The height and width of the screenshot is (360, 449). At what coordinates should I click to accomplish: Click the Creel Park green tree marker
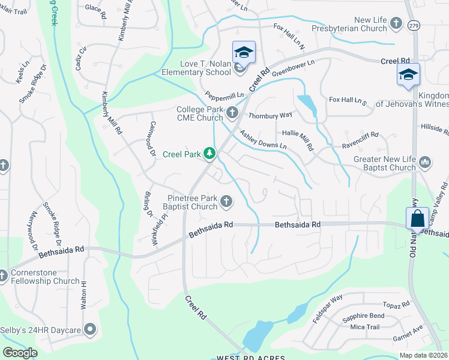pos(209,154)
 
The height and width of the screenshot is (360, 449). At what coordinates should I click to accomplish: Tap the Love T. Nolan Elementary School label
pos(196,67)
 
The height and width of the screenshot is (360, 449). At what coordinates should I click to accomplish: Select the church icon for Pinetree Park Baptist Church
pos(226,202)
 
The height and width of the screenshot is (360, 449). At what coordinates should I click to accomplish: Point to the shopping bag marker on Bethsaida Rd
pos(417,218)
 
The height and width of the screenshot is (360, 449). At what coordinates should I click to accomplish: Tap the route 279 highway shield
pos(414,26)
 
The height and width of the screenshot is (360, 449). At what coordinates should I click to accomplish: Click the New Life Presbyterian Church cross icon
pos(396,23)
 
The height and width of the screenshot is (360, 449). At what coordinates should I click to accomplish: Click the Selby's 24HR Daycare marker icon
pos(90,328)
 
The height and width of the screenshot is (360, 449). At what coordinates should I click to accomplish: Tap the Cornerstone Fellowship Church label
pos(45,277)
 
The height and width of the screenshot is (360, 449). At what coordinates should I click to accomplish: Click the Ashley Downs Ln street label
pos(264,140)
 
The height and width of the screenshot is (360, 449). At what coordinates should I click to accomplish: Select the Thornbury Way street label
pos(270,115)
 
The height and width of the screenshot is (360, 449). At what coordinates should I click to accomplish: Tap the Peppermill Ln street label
pos(224,95)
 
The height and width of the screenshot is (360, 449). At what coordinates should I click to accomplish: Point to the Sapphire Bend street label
pos(363,316)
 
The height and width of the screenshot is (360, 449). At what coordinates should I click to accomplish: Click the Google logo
pos(20,353)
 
